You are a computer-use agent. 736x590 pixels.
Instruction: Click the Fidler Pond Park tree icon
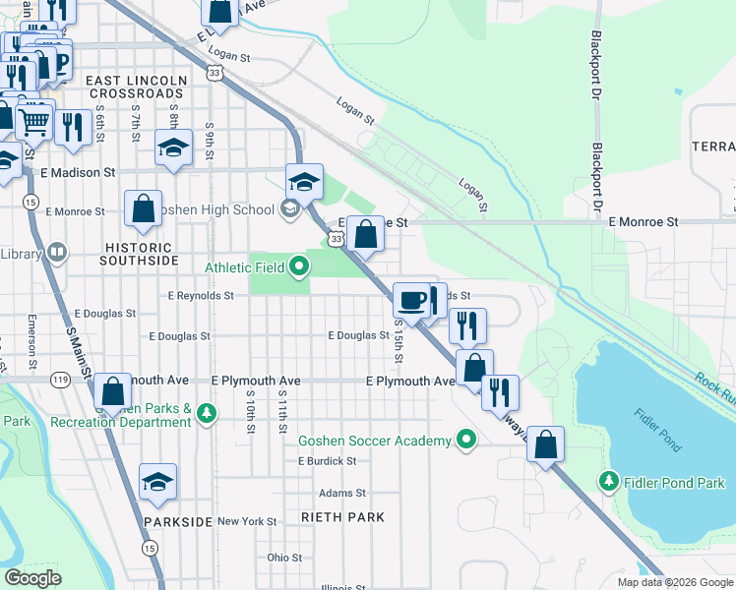tap(609, 482)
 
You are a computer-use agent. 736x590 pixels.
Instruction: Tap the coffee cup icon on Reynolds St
tap(411, 299)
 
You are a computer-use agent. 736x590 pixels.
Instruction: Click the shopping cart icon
tap(33, 121)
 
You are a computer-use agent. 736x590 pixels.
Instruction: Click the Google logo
tap(32, 577)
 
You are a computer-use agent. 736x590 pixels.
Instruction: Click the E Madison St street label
tap(78, 171)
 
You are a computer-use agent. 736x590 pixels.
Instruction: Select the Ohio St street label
tap(284, 558)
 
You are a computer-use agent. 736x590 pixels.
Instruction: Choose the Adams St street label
tap(341, 493)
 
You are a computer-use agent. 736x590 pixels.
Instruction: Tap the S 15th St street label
tap(399, 337)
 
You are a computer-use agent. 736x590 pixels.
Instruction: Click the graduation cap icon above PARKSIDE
tap(157, 482)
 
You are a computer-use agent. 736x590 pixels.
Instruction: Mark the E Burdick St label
tap(327, 460)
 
